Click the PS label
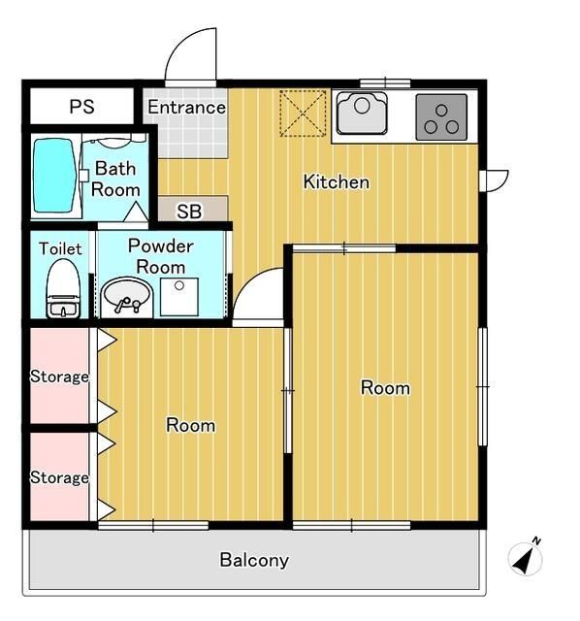pyautogui.click(x=81, y=107)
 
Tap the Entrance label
pyautogui.click(x=187, y=107)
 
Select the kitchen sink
pyautogui.click(x=362, y=114)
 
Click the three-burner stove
pyautogui.click(x=441, y=117)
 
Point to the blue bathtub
pyautogui.click(x=54, y=176)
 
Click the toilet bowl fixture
pyautogui.click(x=63, y=289)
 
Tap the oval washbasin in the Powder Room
pyautogui.click(x=127, y=297)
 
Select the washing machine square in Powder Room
pyautogui.click(x=179, y=297)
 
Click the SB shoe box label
pyautogui.click(x=189, y=212)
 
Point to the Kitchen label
pyautogui.click(x=337, y=181)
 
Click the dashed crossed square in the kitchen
pyautogui.click(x=303, y=114)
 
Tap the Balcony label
pyautogui.click(x=254, y=560)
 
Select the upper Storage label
pyautogui.click(x=59, y=376)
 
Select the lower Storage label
pyautogui.click(x=59, y=477)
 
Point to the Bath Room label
pyautogui.click(x=115, y=179)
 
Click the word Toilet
pyautogui.click(x=60, y=248)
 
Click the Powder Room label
pyautogui.click(x=161, y=256)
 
